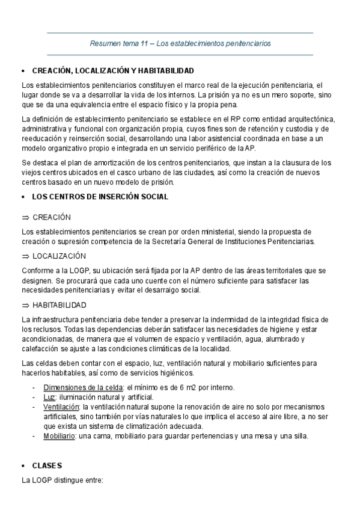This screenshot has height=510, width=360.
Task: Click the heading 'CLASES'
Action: (47, 466)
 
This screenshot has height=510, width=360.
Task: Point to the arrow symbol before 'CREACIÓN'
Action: (25, 217)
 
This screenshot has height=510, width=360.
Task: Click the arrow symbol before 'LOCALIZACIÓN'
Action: (25, 256)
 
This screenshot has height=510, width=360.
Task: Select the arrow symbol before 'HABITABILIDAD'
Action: (25, 305)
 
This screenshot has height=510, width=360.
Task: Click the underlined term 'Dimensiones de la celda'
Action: (82, 387)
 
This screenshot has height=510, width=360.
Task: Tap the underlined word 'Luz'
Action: (49, 397)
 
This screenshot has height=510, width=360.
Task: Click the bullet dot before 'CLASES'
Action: (22, 466)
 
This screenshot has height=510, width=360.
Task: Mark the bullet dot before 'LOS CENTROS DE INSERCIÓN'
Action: (22, 197)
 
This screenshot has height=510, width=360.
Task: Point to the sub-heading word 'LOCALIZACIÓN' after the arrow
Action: (59, 256)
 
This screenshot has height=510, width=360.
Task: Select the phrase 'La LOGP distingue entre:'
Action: (63, 481)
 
